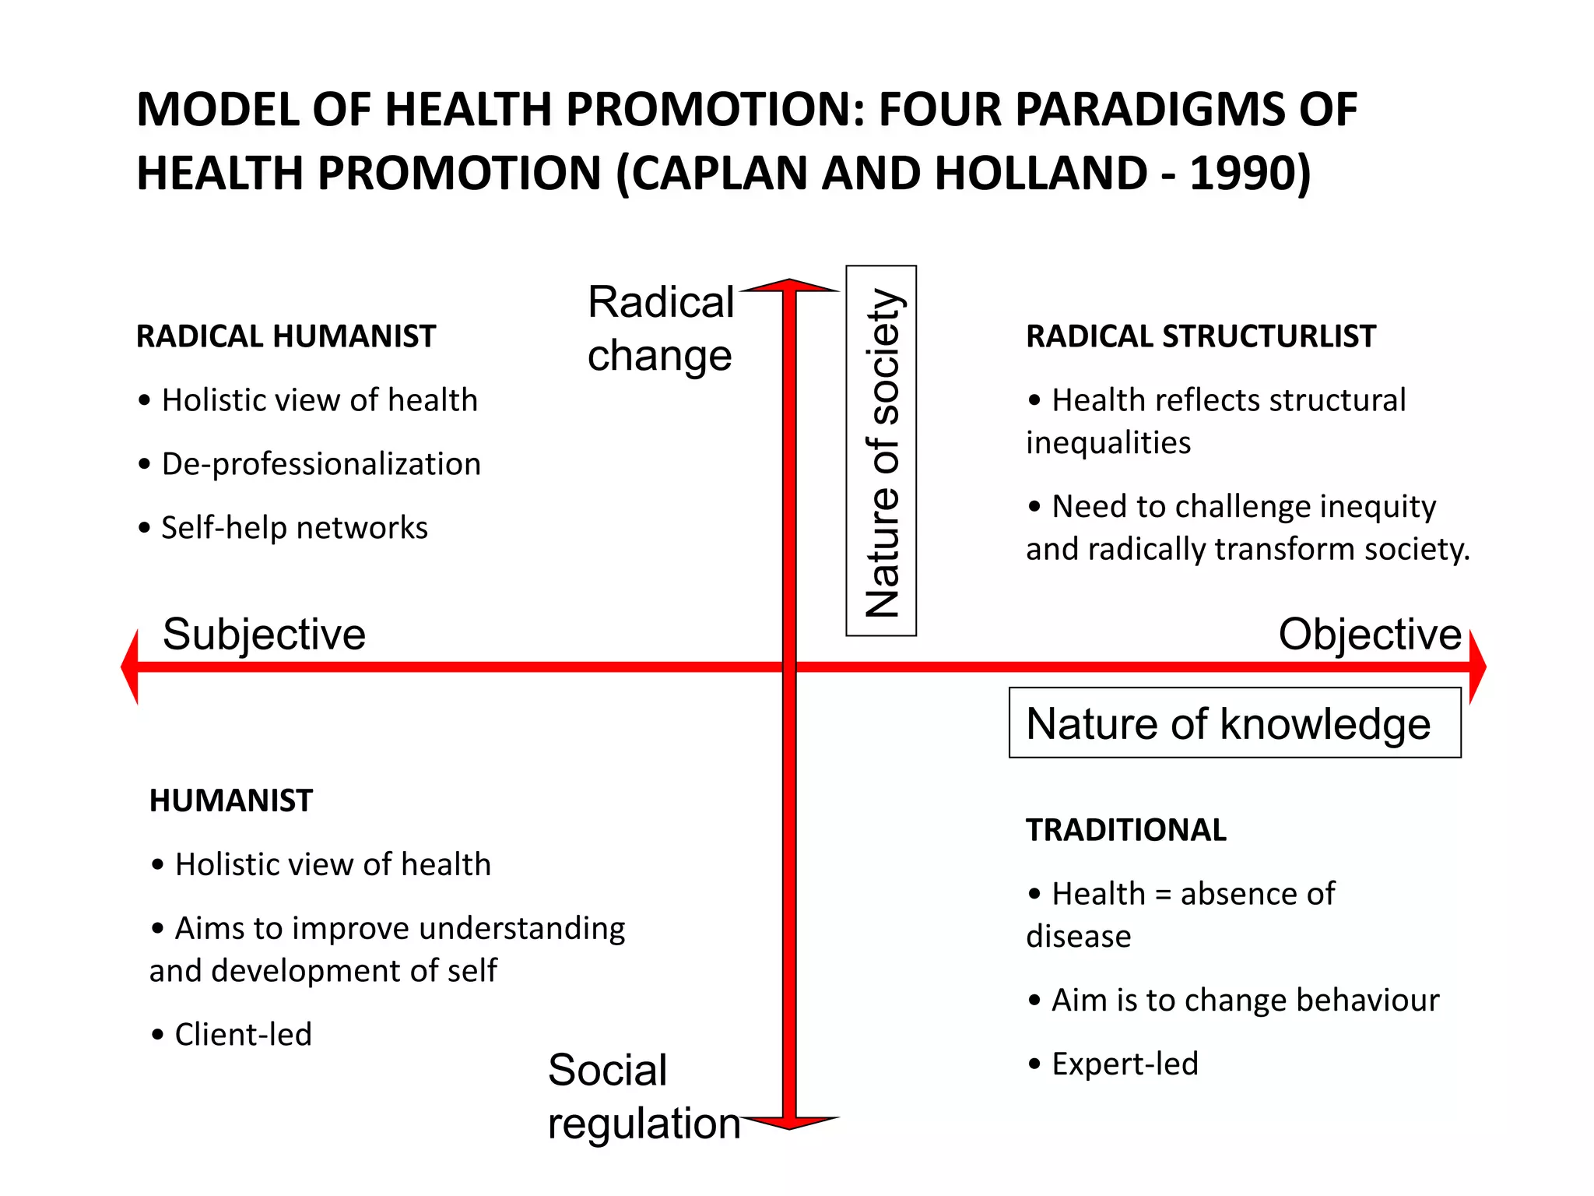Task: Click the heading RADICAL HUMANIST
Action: pos(286,336)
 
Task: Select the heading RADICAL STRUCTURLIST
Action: pos(1200,336)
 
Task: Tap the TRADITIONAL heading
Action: pos(1125,830)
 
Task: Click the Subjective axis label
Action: pos(264,634)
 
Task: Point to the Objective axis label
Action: pos(1370,634)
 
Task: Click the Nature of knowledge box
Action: pos(1234,723)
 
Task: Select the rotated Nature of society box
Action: pos(881,451)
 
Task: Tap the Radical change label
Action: pos(660,329)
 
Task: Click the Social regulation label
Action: pos(643,1096)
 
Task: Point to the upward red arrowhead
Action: pos(789,286)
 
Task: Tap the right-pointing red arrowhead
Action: pos(1477,667)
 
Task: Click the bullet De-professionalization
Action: pos(321,464)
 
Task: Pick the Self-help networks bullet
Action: pos(294,528)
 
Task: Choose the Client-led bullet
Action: pos(243,1035)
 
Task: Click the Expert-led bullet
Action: pos(1125,1064)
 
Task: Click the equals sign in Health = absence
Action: pos(1163,895)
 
